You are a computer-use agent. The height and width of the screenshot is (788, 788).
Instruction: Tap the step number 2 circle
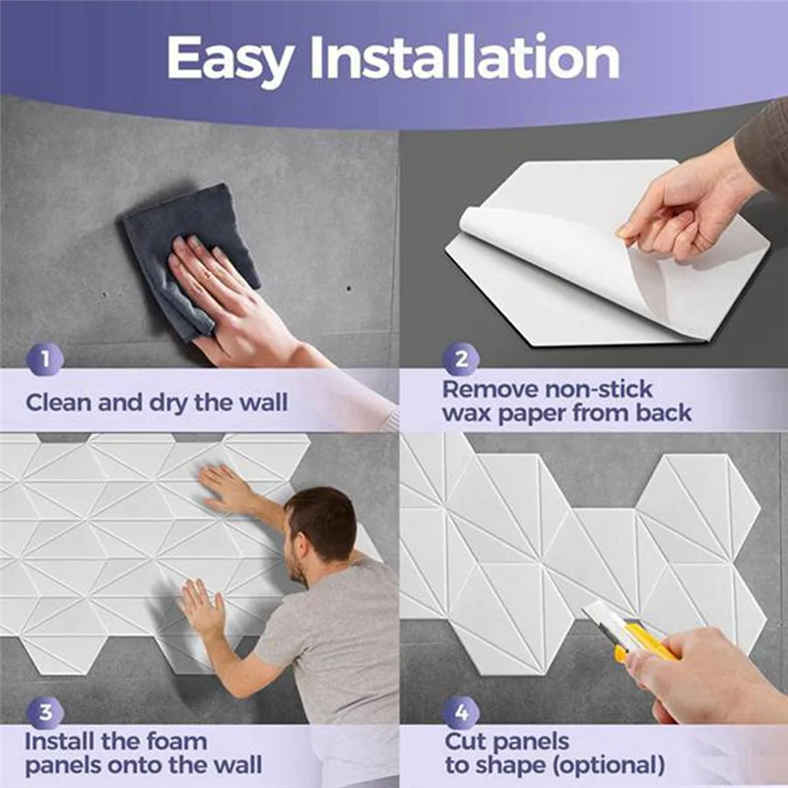coord(460,360)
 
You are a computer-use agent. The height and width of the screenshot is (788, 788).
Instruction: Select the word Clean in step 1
coord(59,402)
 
